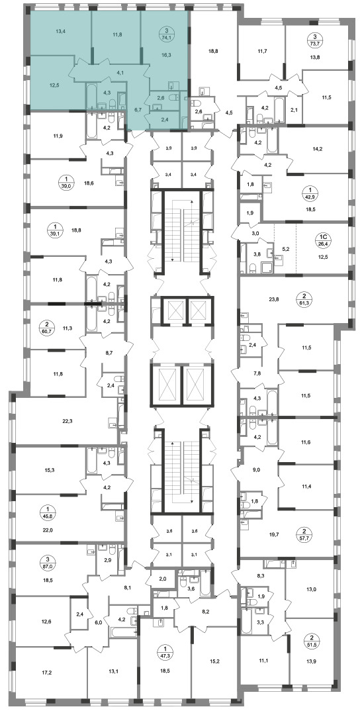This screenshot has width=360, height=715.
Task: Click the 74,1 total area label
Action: coord(165,38)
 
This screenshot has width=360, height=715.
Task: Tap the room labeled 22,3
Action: coord(67,421)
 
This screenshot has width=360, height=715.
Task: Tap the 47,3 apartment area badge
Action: coord(165,650)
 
